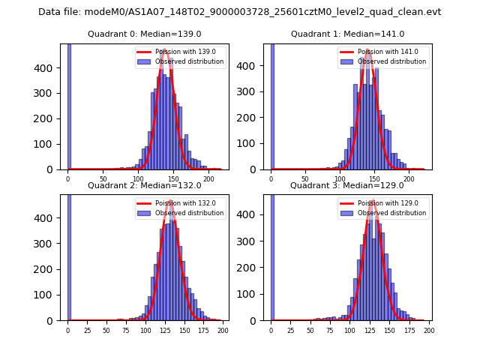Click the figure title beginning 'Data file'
click(x=240, y=12)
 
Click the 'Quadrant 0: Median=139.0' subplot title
click(x=144, y=34)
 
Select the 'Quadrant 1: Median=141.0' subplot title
click(x=347, y=34)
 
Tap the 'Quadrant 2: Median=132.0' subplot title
click(x=144, y=185)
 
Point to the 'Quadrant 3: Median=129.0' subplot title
click(x=347, y=185)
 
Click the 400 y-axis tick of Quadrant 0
click(x=49, y=67)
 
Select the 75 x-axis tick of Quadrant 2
click(x=126, y=330)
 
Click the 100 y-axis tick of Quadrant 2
click(x=49, y=295)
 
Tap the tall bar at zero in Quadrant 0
click(x=68, y=105)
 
